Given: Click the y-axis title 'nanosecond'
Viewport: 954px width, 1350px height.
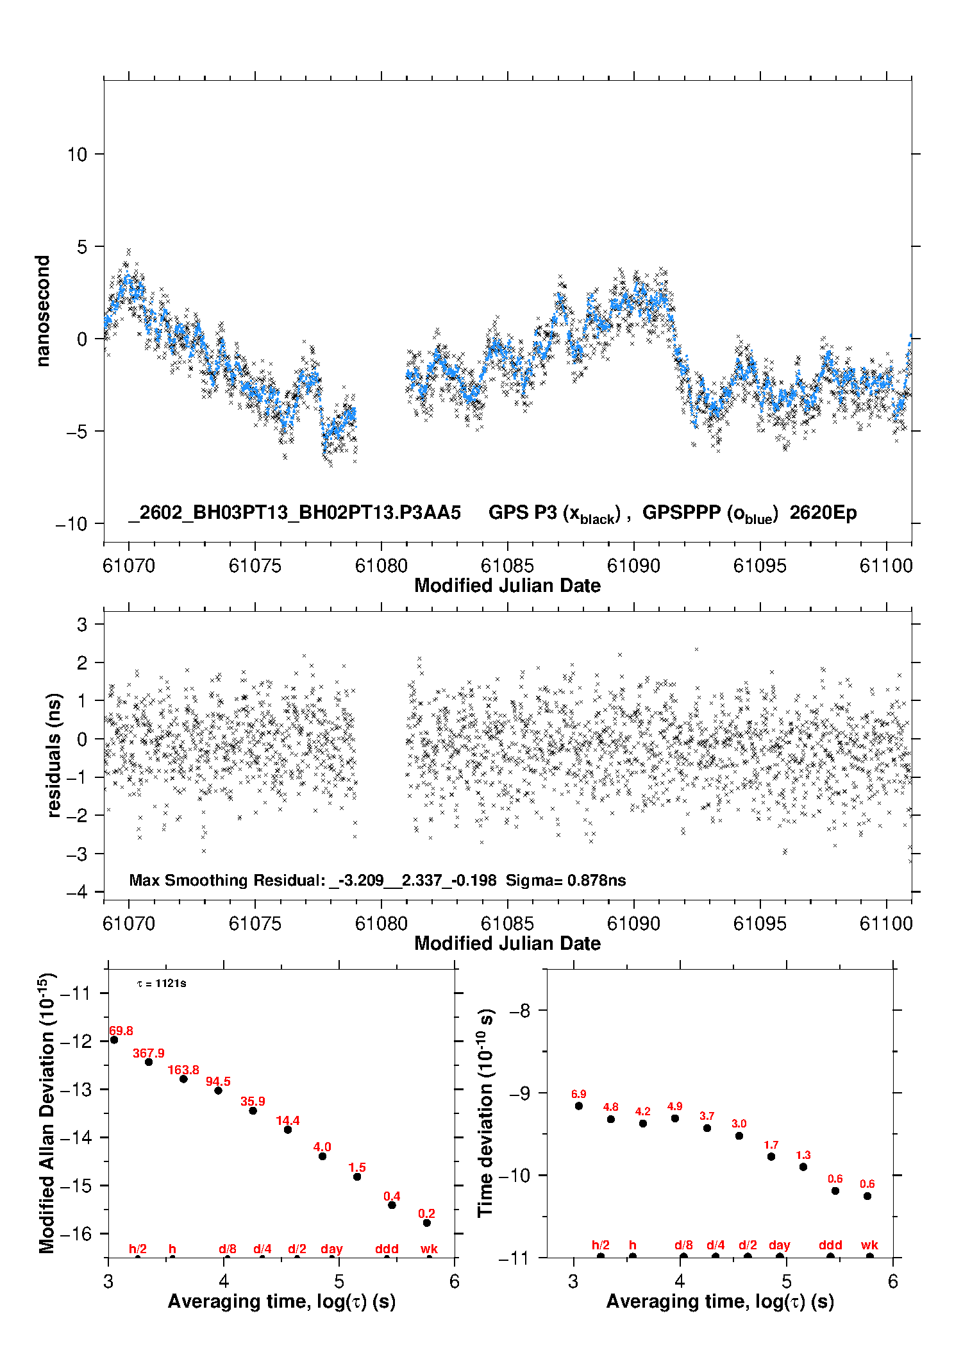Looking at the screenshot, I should pos(42,311).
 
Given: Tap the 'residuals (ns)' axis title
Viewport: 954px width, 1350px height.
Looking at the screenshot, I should pos(54,755).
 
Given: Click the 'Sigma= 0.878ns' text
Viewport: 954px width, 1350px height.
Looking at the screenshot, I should pos(565,880).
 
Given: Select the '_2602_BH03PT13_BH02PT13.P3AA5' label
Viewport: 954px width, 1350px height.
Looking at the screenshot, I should pos(295,512).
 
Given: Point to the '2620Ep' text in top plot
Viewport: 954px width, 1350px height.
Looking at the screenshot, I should pos(823,512).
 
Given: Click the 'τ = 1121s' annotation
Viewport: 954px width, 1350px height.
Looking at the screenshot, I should pos(162,983).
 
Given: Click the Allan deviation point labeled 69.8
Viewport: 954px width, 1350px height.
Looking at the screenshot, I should pos(114,1040).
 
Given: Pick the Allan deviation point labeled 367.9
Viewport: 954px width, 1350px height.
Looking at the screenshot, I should pos(149,1062).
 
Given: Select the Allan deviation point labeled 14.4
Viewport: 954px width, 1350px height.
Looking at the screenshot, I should pos(288,1129).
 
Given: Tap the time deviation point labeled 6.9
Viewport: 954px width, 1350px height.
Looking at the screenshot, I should pos(579,1106).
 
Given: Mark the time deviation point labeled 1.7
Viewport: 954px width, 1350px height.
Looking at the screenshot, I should pos(771,1156).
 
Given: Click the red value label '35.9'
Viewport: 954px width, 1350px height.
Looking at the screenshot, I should pos(253,1101).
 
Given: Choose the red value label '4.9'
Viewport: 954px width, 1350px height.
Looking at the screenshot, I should pos(674,1106).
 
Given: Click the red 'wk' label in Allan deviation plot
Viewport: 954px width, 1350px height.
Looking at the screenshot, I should pos(429,1249).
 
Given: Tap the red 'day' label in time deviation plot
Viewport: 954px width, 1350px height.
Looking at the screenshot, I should pos(779,1245).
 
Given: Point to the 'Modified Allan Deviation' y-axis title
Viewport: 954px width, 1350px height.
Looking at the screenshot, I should pos(47,1113).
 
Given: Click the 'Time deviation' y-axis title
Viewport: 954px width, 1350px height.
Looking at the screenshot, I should pos(485,1113).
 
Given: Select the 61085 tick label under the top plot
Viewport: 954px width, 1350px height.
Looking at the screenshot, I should pos(507,566).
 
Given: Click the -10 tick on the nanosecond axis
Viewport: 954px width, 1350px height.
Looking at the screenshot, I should pos(71,524).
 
